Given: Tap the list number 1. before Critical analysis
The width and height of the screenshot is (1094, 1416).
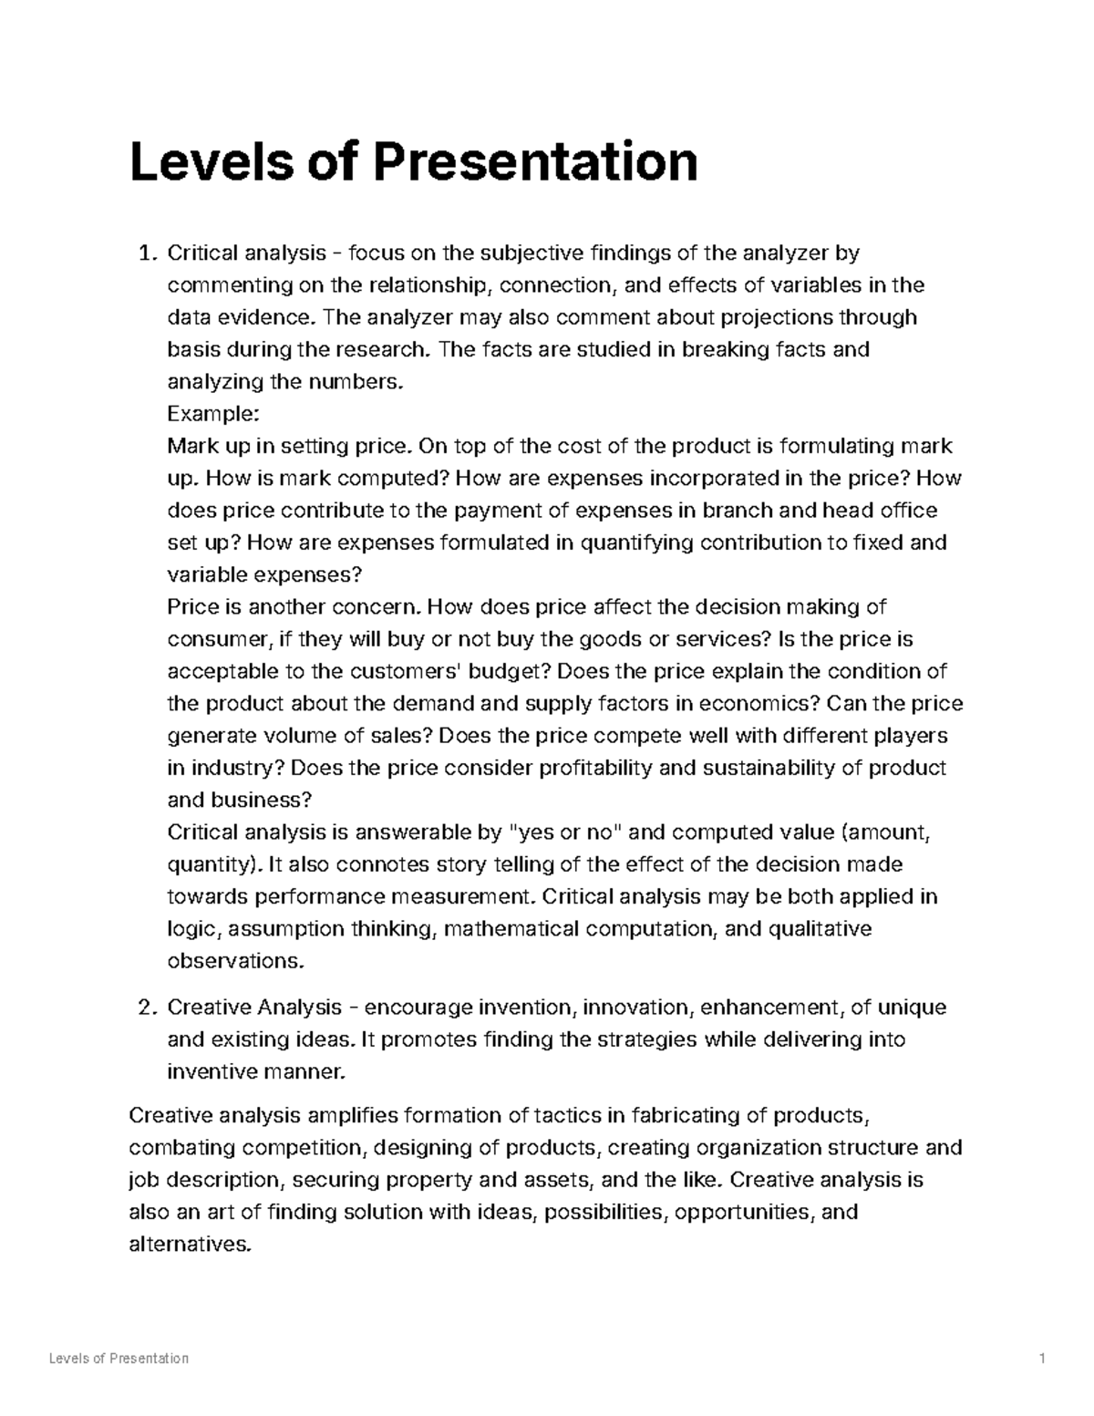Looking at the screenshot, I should point(147,253).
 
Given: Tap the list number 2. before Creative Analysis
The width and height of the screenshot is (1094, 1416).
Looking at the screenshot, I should point(147,1008).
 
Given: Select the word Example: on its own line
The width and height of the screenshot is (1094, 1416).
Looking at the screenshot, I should point(213,414).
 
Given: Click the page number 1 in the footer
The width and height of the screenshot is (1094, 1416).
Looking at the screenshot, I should point(1041,1358).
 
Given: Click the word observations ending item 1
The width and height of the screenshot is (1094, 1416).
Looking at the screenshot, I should point(232,961).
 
